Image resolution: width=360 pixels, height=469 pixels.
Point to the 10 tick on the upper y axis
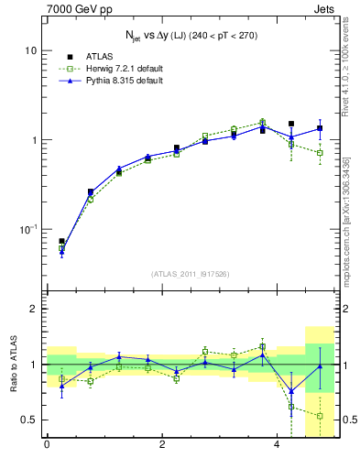[32, 50]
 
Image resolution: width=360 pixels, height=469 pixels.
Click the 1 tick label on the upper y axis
[35, 140]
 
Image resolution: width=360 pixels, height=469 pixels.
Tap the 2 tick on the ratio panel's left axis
[35, 309]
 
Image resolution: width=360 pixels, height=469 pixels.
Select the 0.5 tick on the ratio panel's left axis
[30, 420]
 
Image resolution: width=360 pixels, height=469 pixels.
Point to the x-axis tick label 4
[277, 446]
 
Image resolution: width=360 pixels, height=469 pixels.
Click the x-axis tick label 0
[47, 446]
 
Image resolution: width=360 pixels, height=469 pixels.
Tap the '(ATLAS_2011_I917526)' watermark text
[191, 275]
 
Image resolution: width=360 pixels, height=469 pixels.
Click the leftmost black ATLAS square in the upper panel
[61, 241]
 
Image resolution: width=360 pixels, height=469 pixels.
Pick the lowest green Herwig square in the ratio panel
[320, 416]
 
